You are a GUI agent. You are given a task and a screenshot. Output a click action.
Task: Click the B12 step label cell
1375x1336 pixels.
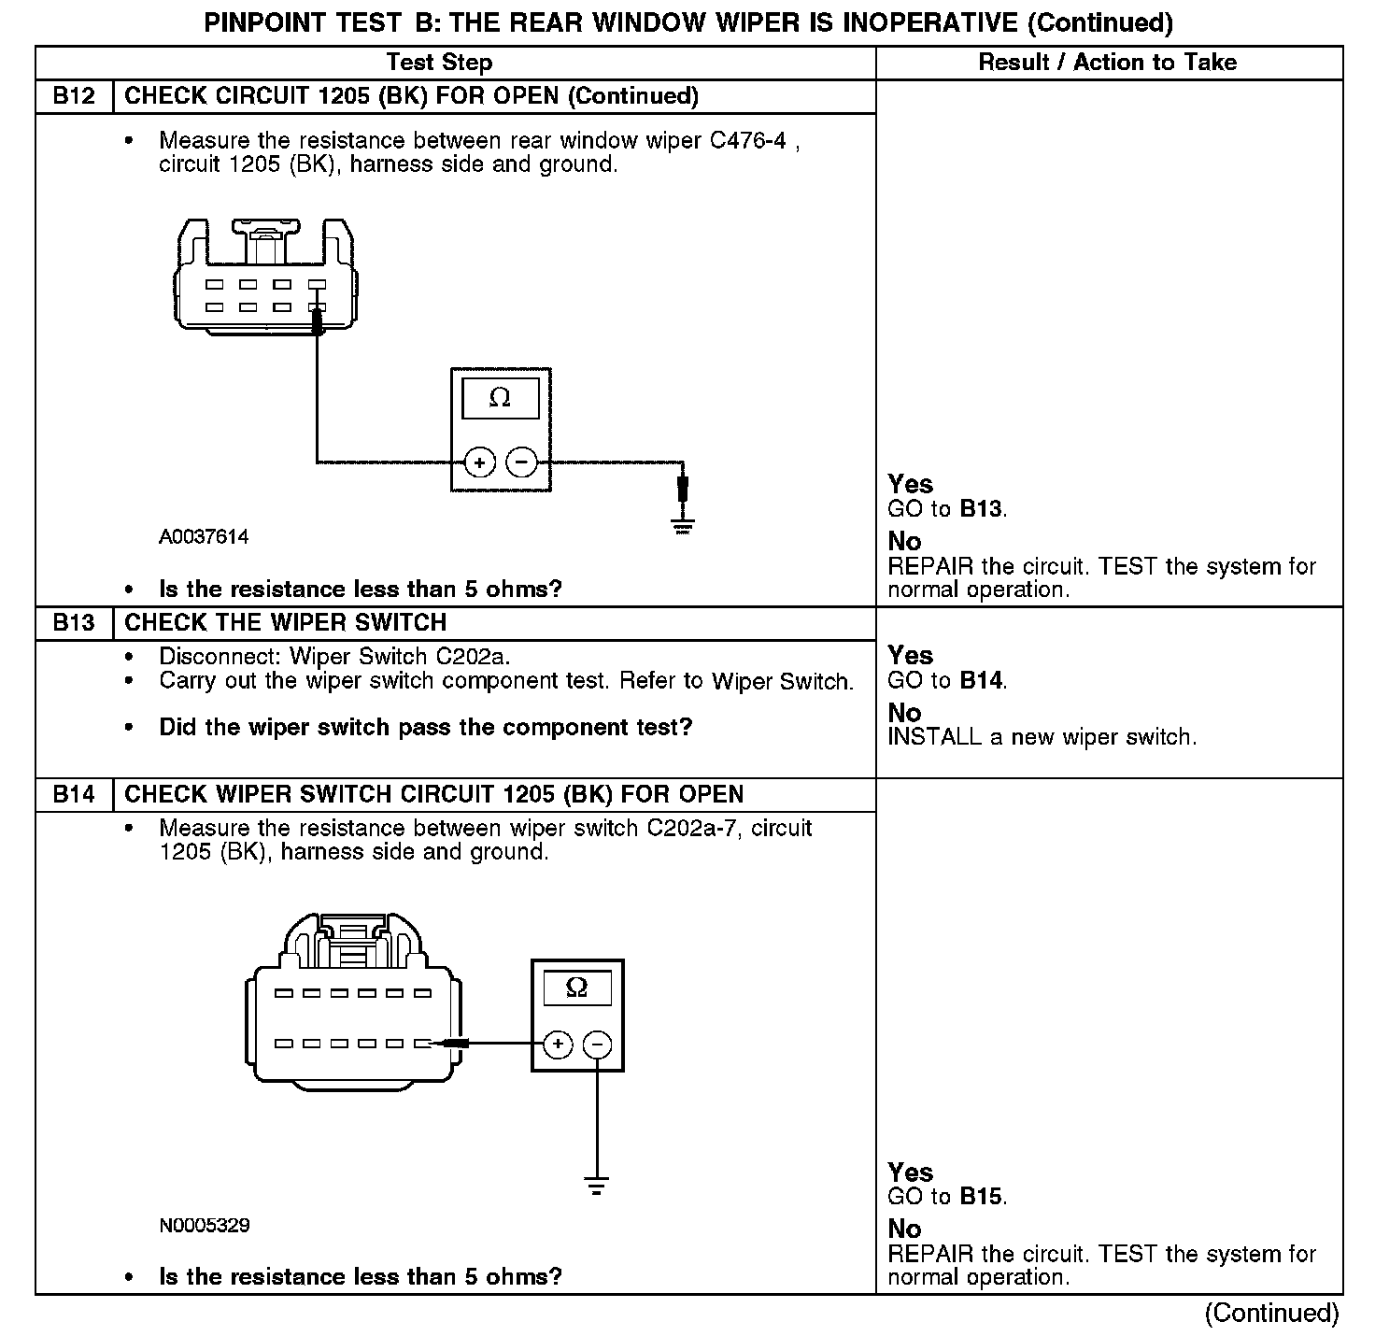pyautogui.click(x=74, y=96)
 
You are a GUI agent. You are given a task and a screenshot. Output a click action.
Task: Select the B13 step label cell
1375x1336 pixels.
pyautogui.click(x=74, y=623)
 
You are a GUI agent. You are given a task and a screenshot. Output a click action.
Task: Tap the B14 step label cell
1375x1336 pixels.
pyautogui.click(x=74, y=794)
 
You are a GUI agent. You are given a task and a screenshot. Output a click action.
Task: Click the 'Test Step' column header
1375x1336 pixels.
pyautogui.click(x=439, y=63)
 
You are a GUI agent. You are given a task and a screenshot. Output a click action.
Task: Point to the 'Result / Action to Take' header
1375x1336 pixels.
pyautogui.click(x=1107, y=63)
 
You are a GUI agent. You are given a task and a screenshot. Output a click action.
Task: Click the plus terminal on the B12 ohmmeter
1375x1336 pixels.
pyautogui.click(x=479, y=462)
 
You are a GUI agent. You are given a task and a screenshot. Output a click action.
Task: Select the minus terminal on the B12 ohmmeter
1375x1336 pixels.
pyautogui.click(x=521, y=462)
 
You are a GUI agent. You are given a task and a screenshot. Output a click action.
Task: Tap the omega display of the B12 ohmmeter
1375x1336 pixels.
pyautogui.click(x=500, y=399)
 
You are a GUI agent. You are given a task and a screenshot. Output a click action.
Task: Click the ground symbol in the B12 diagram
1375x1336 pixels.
pyautogui.click(x=684, y=525)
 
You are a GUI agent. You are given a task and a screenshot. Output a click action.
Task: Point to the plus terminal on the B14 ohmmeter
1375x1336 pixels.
pyautogui.click(x=558, y=1044)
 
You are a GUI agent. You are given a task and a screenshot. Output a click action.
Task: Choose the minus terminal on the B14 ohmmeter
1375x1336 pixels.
pyautogui.click(x=598, y=1044)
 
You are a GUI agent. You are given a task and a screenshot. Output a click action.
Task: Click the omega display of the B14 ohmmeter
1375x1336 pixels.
pyautogui.click(x=577, y=988)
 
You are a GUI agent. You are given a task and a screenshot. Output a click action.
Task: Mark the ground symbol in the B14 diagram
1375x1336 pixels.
pyautogui.click(x=597, y=1187)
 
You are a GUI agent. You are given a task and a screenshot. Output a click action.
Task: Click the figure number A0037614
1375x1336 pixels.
pyautogui.click(x=204, y=537)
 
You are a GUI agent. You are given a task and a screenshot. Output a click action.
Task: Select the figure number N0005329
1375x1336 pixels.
pyautogui.click(x=205, y=1226)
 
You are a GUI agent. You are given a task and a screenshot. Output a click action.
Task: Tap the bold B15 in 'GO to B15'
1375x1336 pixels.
pyautogui.click(x=982, y=1197)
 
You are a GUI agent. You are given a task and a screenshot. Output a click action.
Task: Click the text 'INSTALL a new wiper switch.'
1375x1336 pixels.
pyautogui.click(x=1042, y=737)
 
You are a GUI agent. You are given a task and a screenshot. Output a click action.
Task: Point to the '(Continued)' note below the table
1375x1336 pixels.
pyautogui.click(x=1271, y=1313)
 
